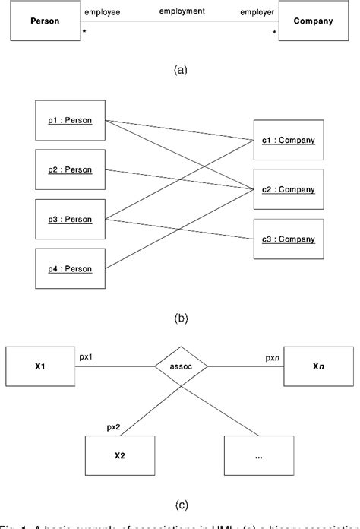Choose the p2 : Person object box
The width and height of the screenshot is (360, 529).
[x=71, y=169]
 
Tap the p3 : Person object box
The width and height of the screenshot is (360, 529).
[x=71, y=218]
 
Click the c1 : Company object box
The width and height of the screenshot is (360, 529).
[x=288, y=140]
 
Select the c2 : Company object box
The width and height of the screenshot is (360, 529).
[x=288, y=188]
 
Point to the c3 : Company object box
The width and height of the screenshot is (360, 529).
[x=288, y=239]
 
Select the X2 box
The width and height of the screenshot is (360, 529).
[x=119, y=456]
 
